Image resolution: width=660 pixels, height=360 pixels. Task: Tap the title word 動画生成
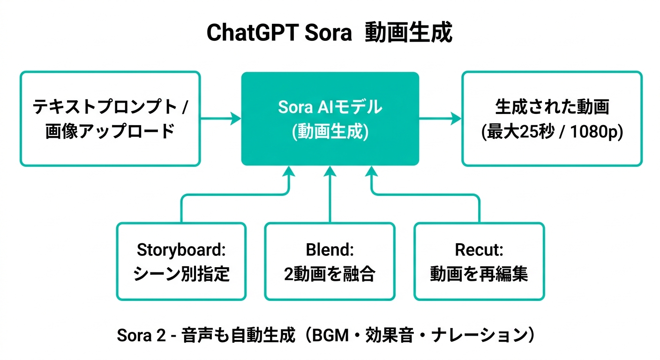click(408, 33)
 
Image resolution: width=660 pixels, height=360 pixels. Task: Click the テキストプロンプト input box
click(110, 118)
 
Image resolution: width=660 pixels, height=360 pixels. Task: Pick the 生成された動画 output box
click(552, 118)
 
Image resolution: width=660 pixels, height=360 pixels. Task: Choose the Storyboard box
click(181, 261)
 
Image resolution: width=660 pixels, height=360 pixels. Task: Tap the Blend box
click(330, 261)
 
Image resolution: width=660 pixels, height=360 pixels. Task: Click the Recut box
click(479, 261)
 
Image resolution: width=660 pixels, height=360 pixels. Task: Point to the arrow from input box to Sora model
click(221, 119)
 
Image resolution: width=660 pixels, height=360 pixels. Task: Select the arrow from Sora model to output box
click(440, 119)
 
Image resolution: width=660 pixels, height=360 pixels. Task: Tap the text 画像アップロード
click(110, 132)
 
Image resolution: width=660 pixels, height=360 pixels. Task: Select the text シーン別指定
click(181, 274)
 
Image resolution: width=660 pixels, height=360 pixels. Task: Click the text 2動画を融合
click(330, 274)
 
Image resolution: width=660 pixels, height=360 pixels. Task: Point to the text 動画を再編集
click(479, 274)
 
